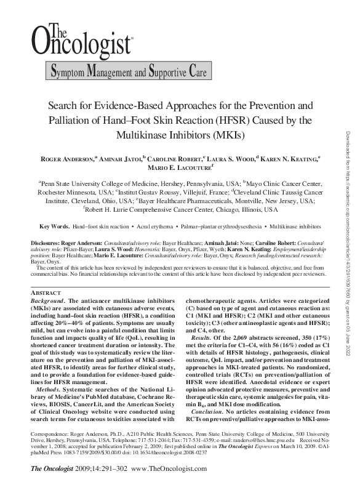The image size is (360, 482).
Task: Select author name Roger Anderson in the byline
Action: pos(67,159)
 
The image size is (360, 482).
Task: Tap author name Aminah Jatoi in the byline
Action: pos(119,159)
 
